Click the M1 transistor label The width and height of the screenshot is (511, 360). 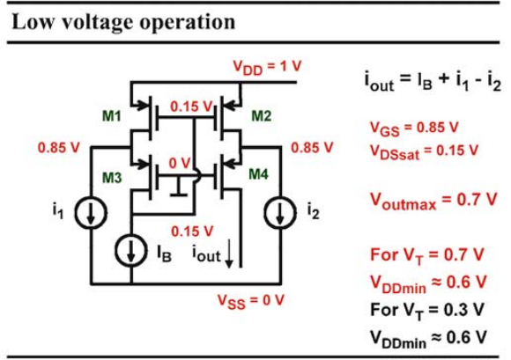112,116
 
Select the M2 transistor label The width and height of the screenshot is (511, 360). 262,116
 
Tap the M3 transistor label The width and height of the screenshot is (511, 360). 112,178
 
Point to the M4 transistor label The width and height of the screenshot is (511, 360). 258,174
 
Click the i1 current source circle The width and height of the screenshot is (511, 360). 91,212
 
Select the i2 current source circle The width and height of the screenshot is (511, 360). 280,212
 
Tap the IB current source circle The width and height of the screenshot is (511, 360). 131,251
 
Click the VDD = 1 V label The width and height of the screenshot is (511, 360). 267,68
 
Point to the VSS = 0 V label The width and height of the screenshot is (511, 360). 250,301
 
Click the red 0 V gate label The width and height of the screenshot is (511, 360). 180,163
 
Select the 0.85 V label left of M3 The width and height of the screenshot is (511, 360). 59,148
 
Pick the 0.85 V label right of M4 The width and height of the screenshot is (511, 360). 312,148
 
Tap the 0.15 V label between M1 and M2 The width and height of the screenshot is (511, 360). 192,107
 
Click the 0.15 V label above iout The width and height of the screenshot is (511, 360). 192,231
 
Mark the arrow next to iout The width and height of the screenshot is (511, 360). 229,253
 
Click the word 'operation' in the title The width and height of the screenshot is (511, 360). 187,23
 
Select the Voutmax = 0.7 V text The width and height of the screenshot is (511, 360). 433,200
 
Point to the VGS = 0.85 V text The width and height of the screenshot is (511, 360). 414,129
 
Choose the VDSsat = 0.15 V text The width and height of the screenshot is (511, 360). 424,151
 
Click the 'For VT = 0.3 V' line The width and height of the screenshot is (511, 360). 427,311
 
